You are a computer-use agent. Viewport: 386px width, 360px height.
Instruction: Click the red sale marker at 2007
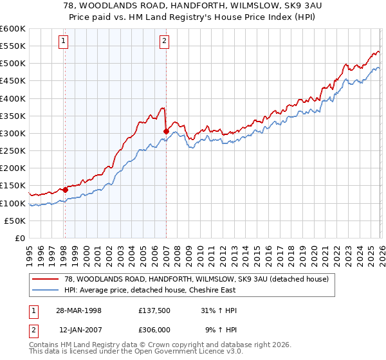click(166, 131)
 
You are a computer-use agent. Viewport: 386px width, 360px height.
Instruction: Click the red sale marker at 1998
click(65, 190)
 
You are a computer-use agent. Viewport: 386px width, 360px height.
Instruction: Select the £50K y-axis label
click(15, 221)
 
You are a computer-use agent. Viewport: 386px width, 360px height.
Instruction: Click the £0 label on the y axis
click(19, 239)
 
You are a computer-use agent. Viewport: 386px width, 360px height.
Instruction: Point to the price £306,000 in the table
click(155, 330)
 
